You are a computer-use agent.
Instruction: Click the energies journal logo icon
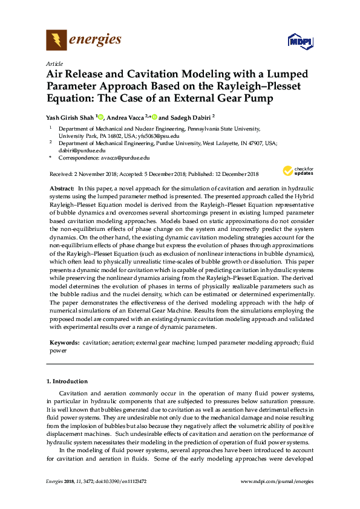pyautogui.click(x=57, y=41)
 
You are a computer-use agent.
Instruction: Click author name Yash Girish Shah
pyautogui.click(x=70, y=117)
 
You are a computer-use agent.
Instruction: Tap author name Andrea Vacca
pyautogui.click(x=126, y=117)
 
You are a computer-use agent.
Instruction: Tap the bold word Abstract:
pyautogui.click(x=62, y=189)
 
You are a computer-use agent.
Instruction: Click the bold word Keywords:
pyautogui.click(x=64, y=342)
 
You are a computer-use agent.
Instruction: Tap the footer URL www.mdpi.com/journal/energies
pyautogui.click(x=277, y=481)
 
